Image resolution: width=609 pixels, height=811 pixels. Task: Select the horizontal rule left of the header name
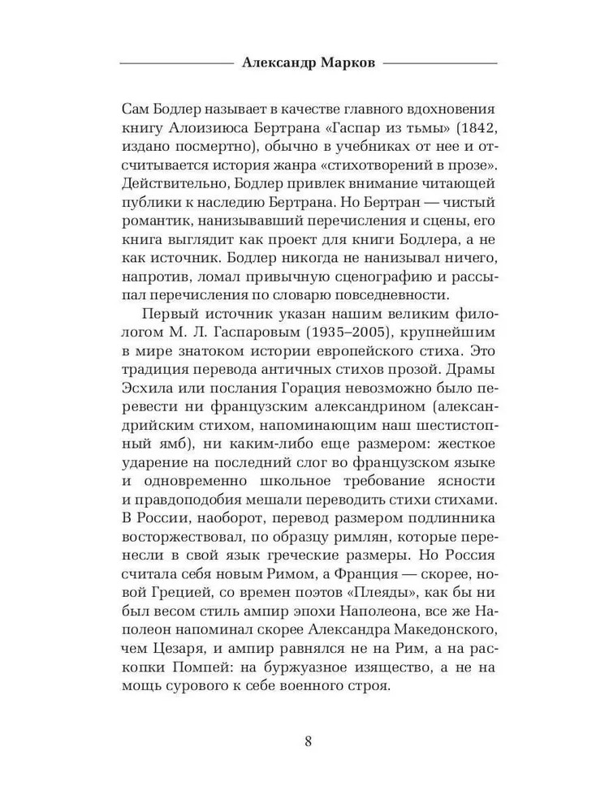point(175,62)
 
